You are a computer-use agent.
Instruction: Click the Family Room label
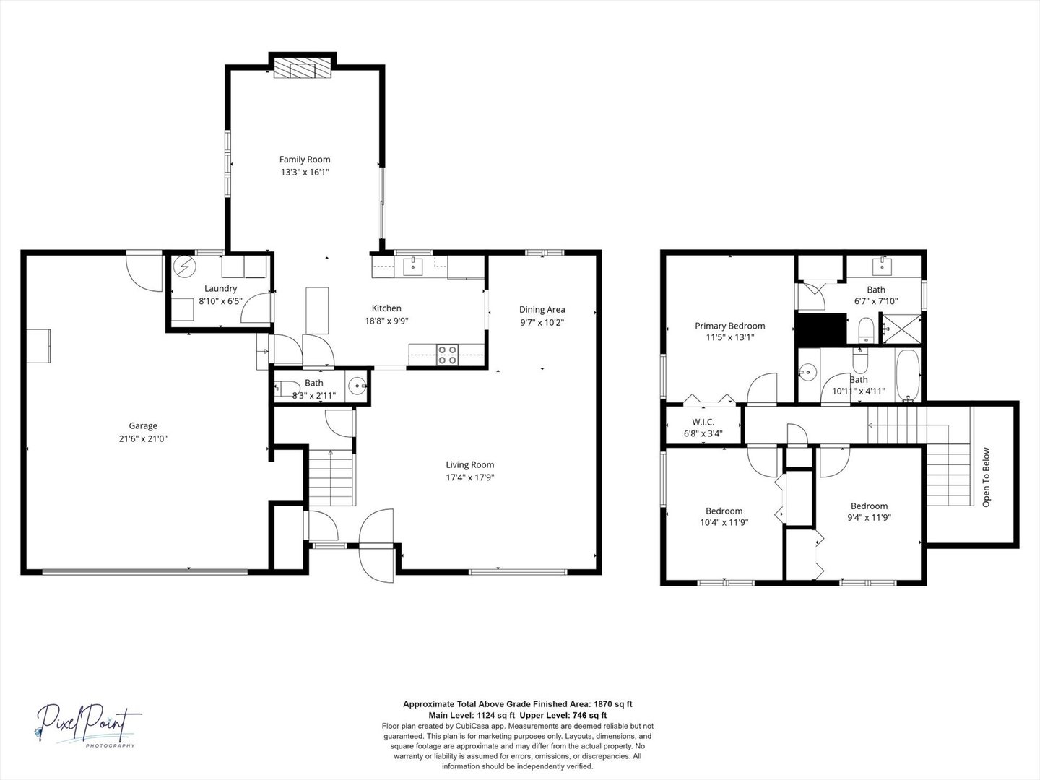305,160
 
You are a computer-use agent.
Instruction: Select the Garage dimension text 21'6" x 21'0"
143,438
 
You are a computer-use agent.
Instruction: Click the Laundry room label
220,288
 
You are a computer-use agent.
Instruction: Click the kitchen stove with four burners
446,354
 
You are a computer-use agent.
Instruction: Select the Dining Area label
542,310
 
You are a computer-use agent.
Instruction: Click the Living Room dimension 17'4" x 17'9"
469,477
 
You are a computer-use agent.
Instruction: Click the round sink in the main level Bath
357,386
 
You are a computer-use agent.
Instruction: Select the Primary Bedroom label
729,326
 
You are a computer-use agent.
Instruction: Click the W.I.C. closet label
703,422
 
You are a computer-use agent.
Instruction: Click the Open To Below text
986,477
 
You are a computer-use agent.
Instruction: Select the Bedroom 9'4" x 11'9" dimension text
869,518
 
